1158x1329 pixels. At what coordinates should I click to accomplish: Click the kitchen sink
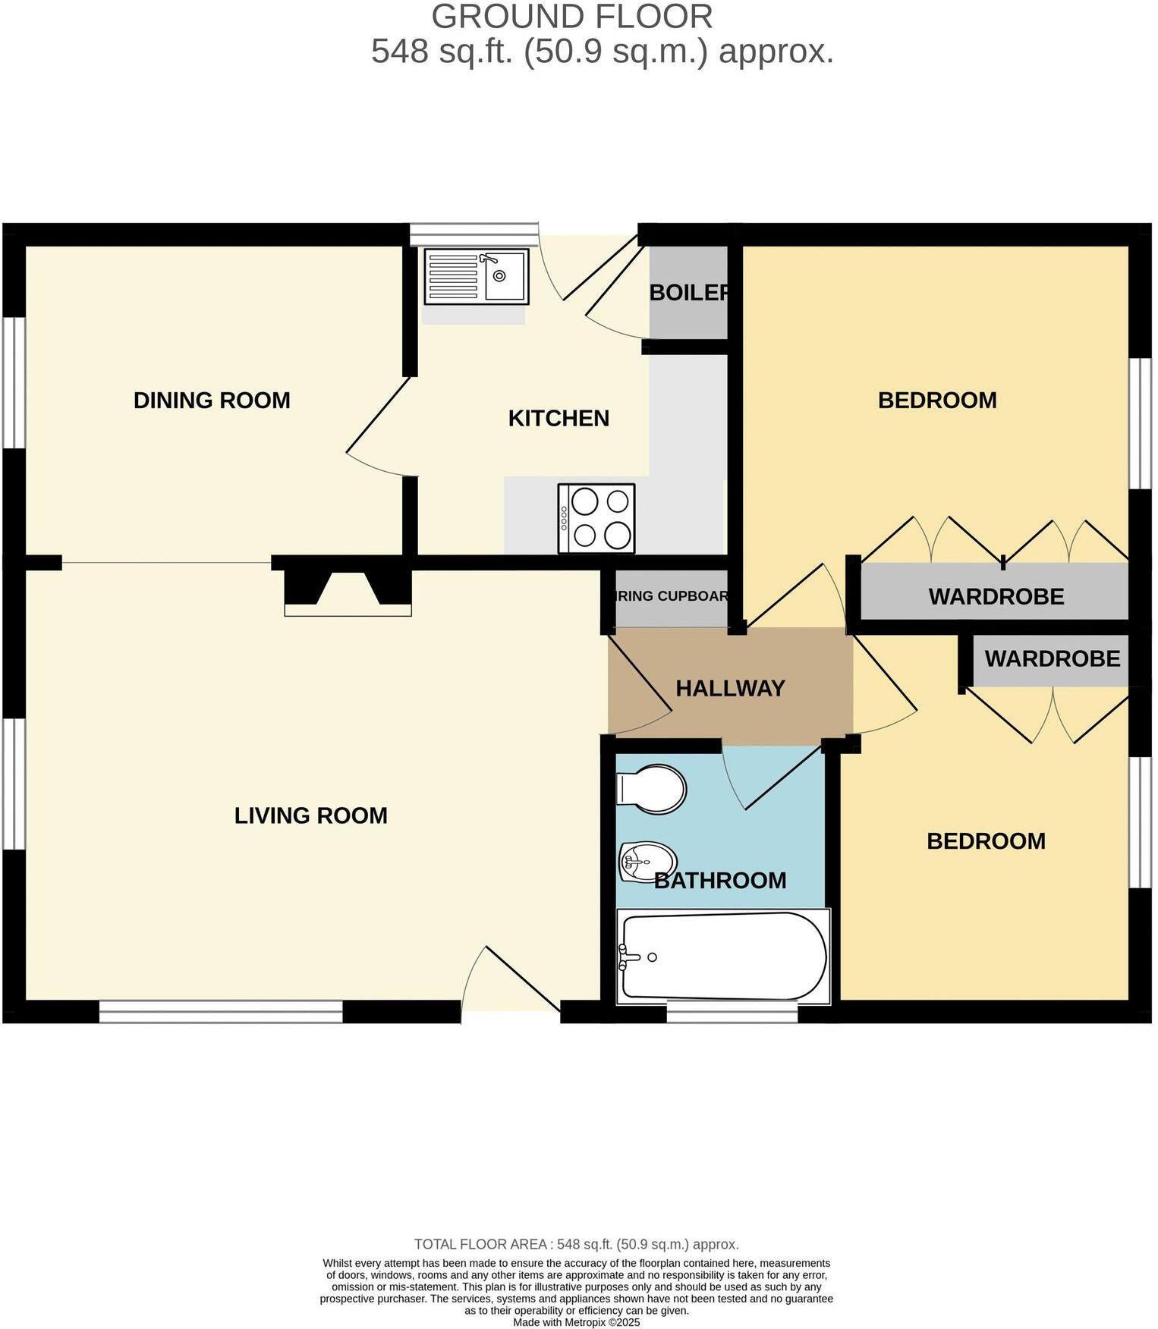pos(476,276)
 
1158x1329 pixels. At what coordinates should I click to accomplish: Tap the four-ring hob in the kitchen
pos(597,519)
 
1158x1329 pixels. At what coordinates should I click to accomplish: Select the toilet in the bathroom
pos(652,789)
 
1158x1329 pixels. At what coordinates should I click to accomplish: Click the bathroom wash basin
pos(647,861)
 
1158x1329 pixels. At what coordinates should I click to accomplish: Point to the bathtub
pos(723,957)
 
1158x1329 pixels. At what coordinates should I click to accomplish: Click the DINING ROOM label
pos(212,401)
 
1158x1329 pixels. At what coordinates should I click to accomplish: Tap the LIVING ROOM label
pos(310,816)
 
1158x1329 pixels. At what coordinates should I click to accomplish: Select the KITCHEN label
pos(559,419)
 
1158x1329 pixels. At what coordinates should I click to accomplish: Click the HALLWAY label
pos(730,689)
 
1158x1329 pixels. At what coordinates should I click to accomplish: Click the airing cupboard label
pos(672,596)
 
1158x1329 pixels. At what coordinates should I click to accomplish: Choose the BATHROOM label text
pos(719,881)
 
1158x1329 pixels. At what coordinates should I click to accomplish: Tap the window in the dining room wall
pos(14,382)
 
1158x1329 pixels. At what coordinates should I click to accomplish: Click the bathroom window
pos(732,1012)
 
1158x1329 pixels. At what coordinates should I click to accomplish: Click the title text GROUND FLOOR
pos(572,17)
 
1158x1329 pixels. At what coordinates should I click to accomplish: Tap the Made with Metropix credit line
pos(577,1323)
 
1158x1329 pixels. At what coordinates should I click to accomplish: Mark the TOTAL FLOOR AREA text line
pos(577,1245)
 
